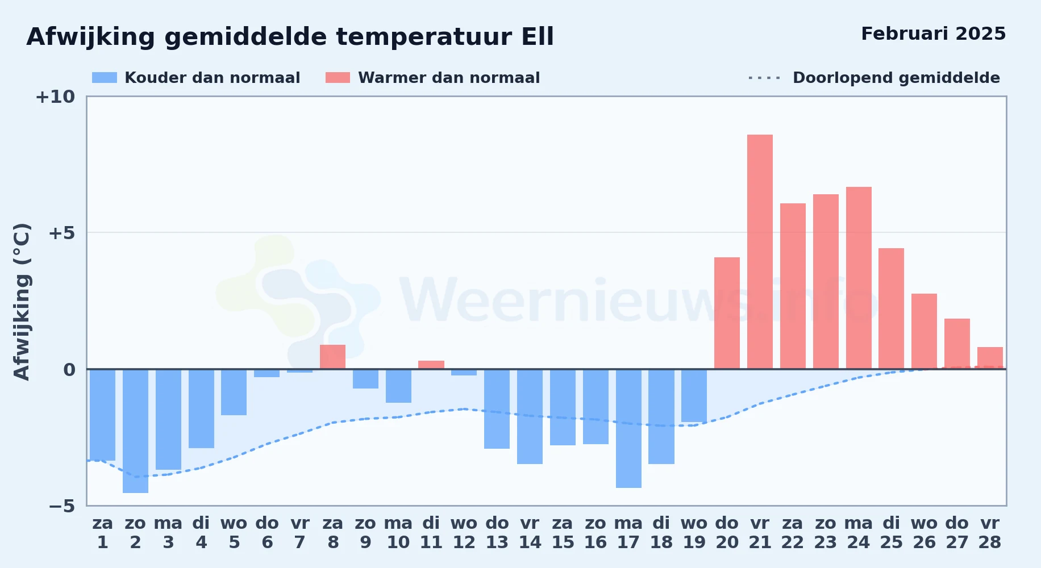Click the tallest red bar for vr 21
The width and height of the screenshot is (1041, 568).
point(760,252)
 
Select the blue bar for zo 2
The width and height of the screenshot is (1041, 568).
point(135,431)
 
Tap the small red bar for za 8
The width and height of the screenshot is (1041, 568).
point(332,357)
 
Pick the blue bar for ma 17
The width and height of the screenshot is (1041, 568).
point(628,428)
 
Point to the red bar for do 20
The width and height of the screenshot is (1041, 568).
point(727,313)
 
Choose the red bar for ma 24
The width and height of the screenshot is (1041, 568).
point(859,278)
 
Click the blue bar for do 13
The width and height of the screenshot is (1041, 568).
point(497,409)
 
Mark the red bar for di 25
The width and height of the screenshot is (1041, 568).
point(891,308)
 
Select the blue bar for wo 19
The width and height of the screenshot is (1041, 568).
point(694,396)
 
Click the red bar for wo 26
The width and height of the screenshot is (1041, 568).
point(924,331)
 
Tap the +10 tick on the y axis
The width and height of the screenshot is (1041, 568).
point(55,97)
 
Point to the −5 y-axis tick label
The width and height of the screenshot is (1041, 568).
point(61,506)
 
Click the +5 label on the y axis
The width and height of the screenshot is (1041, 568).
point(61,233)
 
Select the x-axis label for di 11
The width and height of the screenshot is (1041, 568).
point(431,532)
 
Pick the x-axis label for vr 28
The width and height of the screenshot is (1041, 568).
point(989,532)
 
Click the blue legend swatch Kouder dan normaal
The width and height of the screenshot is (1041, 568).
point(105,78)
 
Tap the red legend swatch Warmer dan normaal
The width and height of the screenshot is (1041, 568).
point(338,78)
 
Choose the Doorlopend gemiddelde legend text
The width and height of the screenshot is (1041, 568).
point(896,78)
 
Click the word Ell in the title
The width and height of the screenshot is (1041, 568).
point(537,37)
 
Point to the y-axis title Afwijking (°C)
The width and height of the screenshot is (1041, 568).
point(22,302)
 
